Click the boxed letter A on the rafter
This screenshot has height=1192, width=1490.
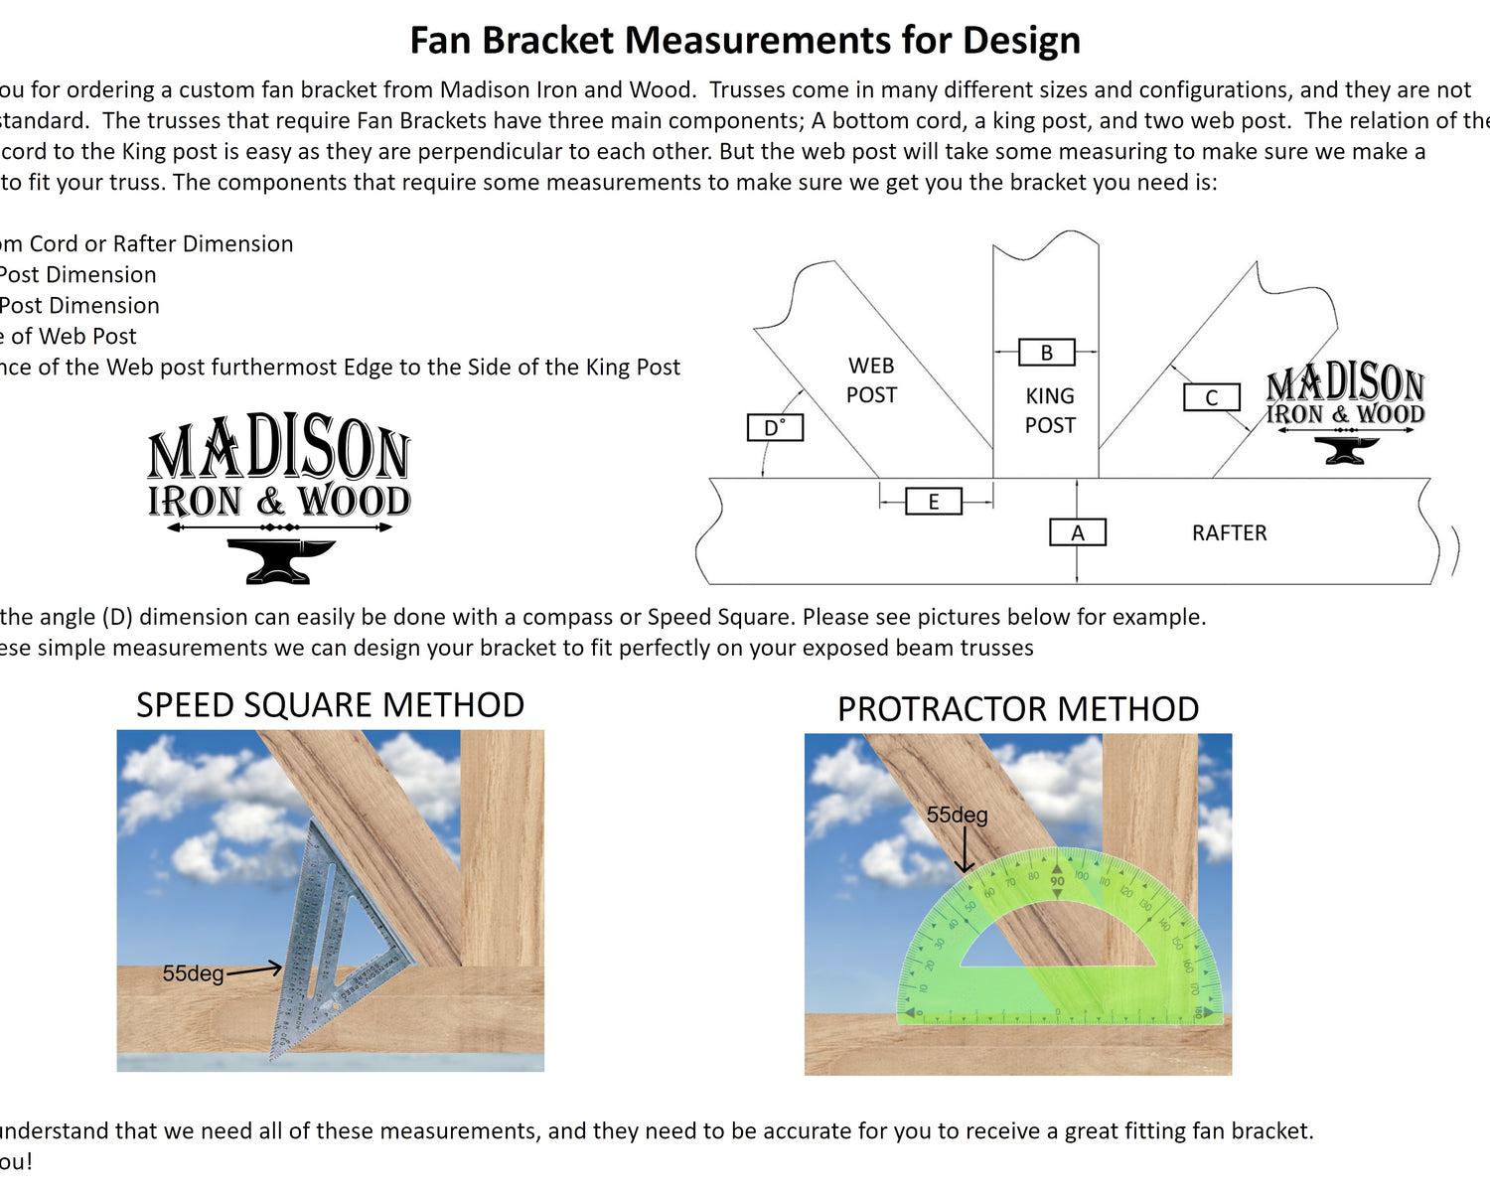click(1078, 533)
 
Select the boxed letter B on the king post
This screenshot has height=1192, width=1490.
click(1047, 353)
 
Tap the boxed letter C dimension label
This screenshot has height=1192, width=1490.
click(1212, 397)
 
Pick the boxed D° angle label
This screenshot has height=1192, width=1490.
click(775, 428)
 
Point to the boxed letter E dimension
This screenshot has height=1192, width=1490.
click(934, 502)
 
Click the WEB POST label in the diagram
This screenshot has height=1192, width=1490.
click(871, 380)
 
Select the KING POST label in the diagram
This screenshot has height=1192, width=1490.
click(1050, 410)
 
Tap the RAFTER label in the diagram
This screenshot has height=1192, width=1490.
click(1229, 533)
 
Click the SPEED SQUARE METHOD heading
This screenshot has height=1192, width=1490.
click(330, 705)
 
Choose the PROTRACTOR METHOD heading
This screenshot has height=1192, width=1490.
click(1018, 709)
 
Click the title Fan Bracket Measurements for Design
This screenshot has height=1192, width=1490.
click(745, 41)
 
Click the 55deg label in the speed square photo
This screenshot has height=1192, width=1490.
click(193, 973)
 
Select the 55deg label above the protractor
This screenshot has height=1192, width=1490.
click(957, 816)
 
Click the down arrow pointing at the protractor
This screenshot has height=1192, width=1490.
click(964, 852)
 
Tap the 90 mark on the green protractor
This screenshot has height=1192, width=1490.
click(1057, 881)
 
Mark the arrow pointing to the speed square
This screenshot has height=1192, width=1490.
click(254, 969)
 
